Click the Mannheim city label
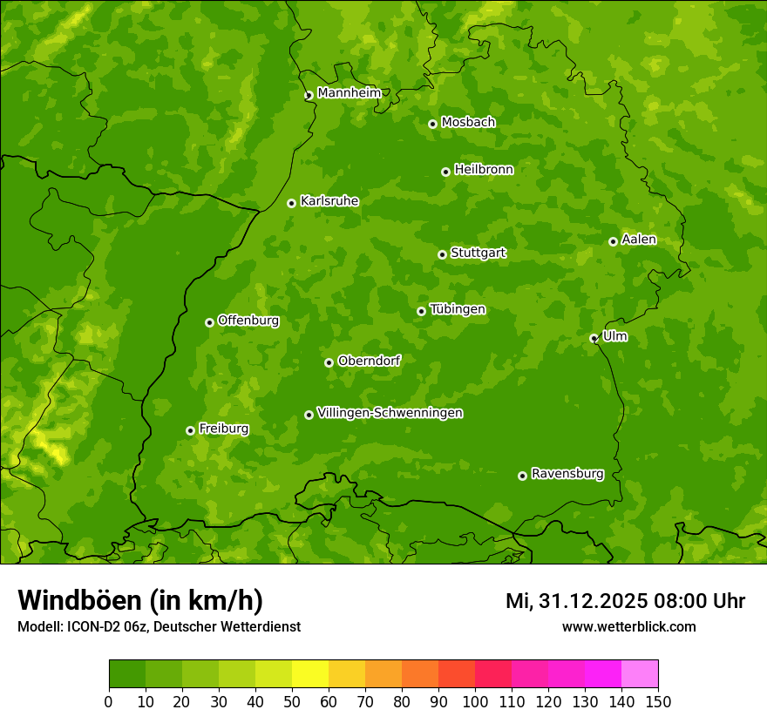pos(349,93)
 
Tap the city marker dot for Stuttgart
pos(442,254)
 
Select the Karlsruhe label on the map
pos(329,201)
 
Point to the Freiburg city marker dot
pos(190,430)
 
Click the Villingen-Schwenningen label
pos(390,413)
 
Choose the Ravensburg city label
pos(567,474)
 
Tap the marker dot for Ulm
pos(594,338)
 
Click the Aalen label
pos(639,240)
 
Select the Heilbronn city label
pos(483,170)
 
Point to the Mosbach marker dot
pos(432,124)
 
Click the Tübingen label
pos(457,309)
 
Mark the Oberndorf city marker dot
pos(329,362)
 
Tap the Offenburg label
pos(248,321)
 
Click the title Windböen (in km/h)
pos(140,600)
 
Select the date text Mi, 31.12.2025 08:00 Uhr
pos(625,601)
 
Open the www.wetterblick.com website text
pos(628,626)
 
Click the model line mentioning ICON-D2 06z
pos(159,626)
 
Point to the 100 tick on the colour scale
pos(475,701)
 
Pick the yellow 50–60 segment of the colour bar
pos(310,674)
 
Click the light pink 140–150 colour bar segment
pos(640,674)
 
